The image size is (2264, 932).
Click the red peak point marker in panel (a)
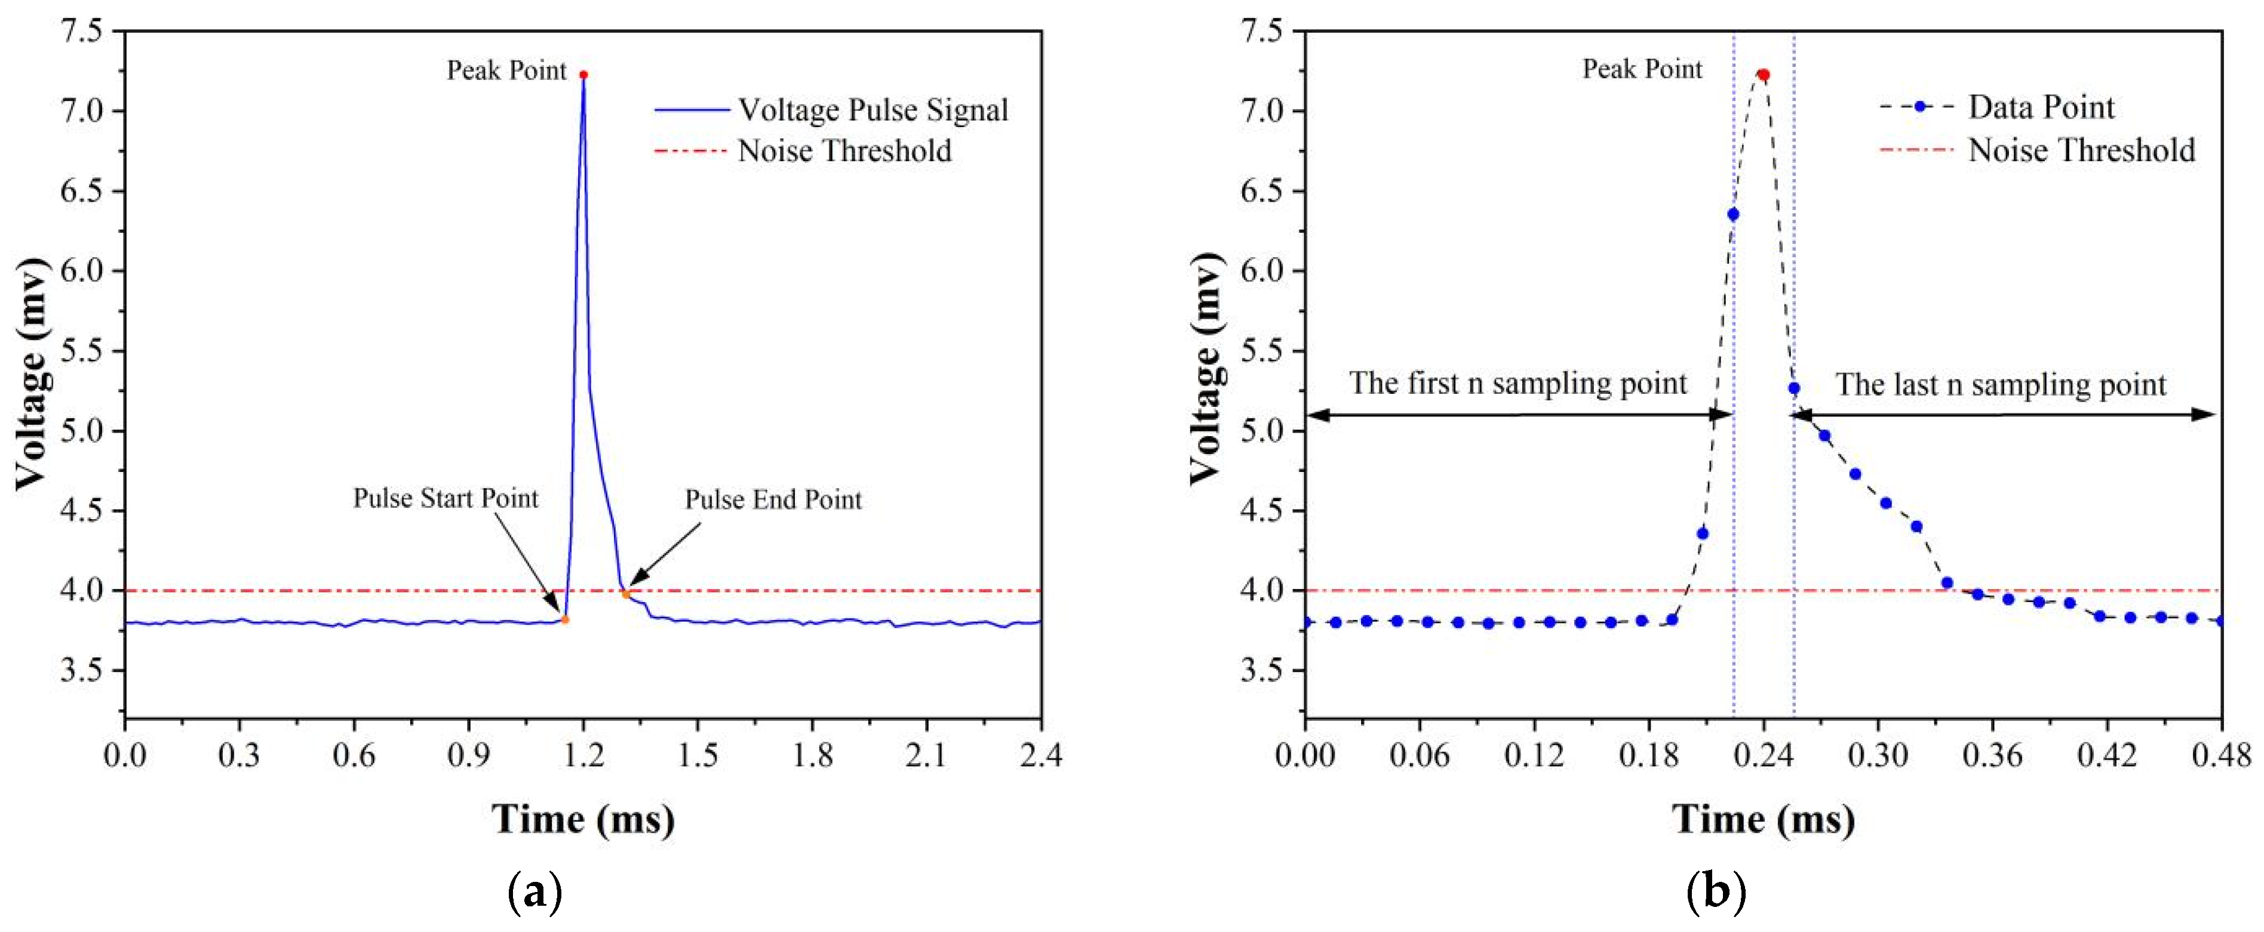pos(583,75)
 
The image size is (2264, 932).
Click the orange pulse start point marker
pos(565,619)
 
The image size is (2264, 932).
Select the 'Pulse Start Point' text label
pos(445,498)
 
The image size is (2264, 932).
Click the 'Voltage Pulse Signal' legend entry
pos(872,110)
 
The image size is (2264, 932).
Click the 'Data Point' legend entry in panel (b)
pos(2040,107)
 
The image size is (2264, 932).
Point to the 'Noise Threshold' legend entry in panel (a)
pos(844,151)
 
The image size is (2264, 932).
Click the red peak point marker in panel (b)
pos(1762,76)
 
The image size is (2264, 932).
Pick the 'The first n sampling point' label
pos(1518,383)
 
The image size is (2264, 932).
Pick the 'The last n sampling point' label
pos(2001,385)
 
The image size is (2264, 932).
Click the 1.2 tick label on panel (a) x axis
pos(583,755)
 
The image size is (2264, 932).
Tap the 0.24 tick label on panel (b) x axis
pos(1762,755)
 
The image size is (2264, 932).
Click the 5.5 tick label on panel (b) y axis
pos(1261,350)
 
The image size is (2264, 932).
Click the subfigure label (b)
pos(1716,893)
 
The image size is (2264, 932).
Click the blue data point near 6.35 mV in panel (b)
pos(1732,214)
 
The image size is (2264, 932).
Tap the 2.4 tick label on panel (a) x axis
pos(1040,755)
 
